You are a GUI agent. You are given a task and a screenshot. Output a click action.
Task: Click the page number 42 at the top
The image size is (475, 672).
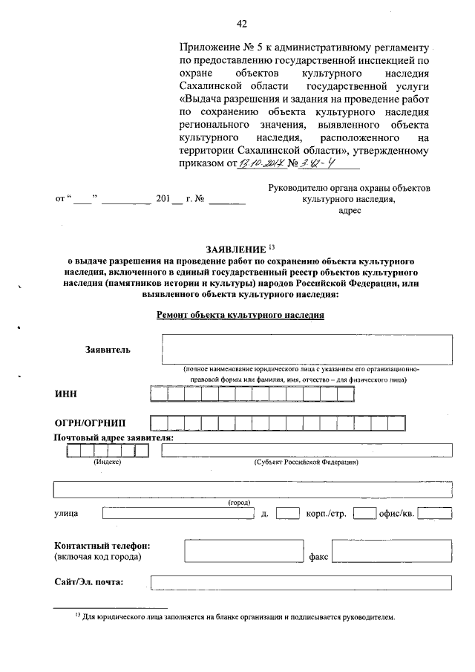click(241, 23)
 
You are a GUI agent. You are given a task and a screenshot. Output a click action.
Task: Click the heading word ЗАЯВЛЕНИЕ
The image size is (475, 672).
click(232, 248)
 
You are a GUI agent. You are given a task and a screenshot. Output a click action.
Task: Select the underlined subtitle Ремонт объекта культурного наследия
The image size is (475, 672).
click(240, 314)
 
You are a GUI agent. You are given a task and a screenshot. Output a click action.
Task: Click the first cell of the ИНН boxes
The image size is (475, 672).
click(159, 394)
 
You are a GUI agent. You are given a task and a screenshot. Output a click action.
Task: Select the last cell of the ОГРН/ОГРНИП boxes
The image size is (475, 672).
click(396, 423)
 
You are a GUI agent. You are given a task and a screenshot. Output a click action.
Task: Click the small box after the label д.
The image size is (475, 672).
click(287, 513)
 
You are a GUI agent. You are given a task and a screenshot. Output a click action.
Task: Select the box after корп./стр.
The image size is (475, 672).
click(364, 513)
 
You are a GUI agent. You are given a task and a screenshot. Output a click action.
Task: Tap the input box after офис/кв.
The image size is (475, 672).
click(434, 513)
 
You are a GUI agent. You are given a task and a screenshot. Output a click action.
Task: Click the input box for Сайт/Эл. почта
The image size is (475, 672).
click(301, 581)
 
